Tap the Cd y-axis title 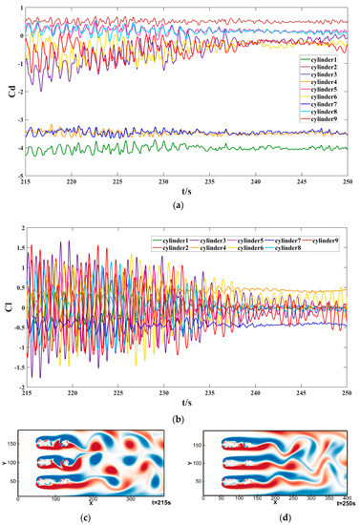(x=10, y=95)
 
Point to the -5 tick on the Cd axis (x=19, y=178)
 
